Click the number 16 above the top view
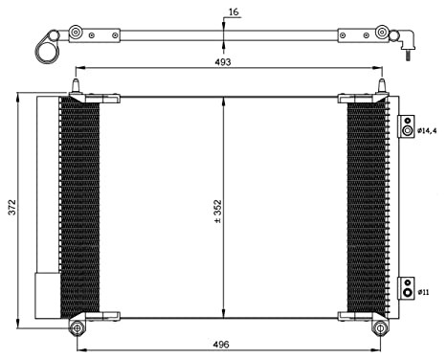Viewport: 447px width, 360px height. [234, 13]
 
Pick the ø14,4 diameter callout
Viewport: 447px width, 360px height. [429, 129]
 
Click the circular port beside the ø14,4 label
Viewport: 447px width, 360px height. [408, 129]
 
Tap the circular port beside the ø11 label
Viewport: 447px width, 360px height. [407, 287]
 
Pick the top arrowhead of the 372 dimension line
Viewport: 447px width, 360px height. [21, 96]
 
